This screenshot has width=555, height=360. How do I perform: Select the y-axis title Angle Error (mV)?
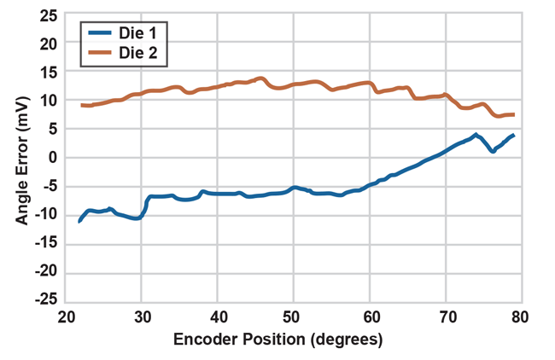point(21,157)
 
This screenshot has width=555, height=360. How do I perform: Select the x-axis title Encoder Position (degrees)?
point(278,339)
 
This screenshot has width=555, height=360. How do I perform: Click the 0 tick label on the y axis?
point(53,157)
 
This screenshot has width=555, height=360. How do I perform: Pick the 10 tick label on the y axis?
point(49,100)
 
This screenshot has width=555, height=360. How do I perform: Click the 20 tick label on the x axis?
point(67,316)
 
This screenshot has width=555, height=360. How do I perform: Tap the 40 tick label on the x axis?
point(218,316)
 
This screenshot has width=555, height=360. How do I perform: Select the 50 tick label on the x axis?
point(293,316)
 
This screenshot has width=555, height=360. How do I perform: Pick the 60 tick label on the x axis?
point(369,316)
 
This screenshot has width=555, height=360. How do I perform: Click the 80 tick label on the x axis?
point(519,316)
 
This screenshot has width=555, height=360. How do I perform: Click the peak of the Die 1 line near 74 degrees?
point(476,135)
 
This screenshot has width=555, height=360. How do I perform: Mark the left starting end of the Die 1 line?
point(79,221)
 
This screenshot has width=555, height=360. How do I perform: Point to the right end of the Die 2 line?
point(513,114)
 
